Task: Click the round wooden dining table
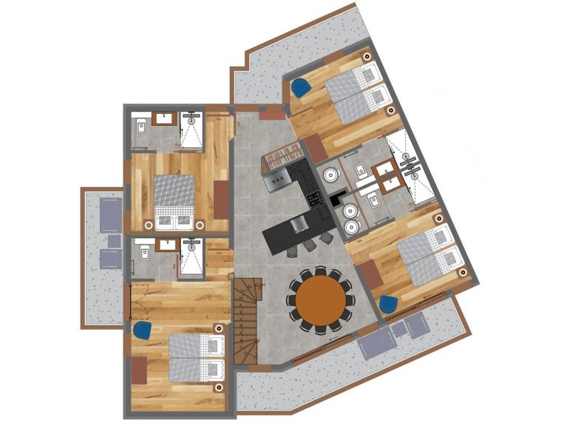tap(321, 301)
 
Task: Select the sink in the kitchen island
tap(299, 225)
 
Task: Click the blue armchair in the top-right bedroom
tap(300, 87)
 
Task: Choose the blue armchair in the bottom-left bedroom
tap(143, 329)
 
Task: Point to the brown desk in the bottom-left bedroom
tap(140, 368)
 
